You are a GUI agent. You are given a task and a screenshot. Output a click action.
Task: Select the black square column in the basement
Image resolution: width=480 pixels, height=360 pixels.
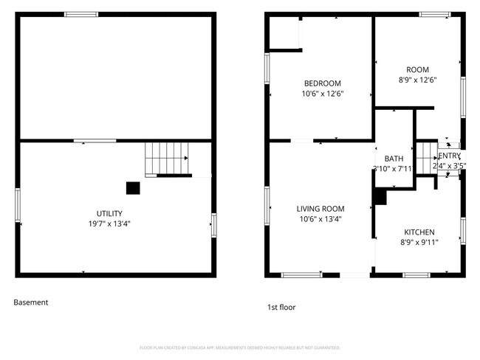click(x=133, y=188)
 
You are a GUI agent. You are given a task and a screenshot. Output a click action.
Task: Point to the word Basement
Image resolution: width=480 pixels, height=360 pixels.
click(x=31, y=302)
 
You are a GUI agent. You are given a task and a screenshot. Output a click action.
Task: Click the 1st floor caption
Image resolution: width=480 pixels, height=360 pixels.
click(x=281, y=307)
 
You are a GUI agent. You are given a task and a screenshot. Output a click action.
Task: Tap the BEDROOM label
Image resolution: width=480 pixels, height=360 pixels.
click(x=323, y=83)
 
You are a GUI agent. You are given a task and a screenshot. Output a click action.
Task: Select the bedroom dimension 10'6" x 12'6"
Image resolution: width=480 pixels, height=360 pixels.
click(x=323, y=94)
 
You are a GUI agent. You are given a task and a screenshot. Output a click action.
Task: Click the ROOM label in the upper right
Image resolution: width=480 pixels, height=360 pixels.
click(x=418, y=70)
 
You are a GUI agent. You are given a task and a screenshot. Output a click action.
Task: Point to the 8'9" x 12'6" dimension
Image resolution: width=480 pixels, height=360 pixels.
click(x=418, y=80)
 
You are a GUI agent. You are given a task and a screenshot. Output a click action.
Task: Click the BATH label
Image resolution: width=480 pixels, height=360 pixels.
click(x=394, y=159)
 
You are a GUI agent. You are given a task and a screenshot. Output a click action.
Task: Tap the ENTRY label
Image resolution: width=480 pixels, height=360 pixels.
click(x=449, y=156)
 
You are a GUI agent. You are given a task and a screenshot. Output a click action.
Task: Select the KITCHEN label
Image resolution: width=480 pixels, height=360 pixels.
click(x=417, y=232)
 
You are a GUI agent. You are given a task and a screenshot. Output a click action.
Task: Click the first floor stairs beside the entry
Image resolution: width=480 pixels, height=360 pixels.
click(x=426, y=157)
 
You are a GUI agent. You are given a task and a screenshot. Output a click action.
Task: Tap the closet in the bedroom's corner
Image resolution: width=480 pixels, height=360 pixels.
click(x=285, y=32)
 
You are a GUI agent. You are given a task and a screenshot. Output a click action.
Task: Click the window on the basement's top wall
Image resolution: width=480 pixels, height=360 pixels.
click(x=81, y=14)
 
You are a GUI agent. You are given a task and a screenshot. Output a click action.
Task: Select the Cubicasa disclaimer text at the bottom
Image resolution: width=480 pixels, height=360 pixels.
click(x=239, y=347)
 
